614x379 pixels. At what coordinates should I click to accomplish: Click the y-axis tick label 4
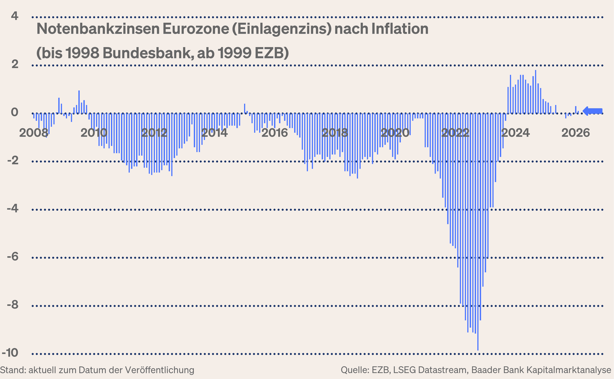click(15, 16)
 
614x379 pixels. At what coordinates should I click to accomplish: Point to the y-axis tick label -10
click(10, 353)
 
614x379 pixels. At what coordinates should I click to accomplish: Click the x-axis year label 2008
click(34, 133)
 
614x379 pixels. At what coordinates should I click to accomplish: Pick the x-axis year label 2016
click(275, 133)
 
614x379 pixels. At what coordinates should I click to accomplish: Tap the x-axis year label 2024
click(516, 133)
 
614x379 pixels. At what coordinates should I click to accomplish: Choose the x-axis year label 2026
click(576, 133)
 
